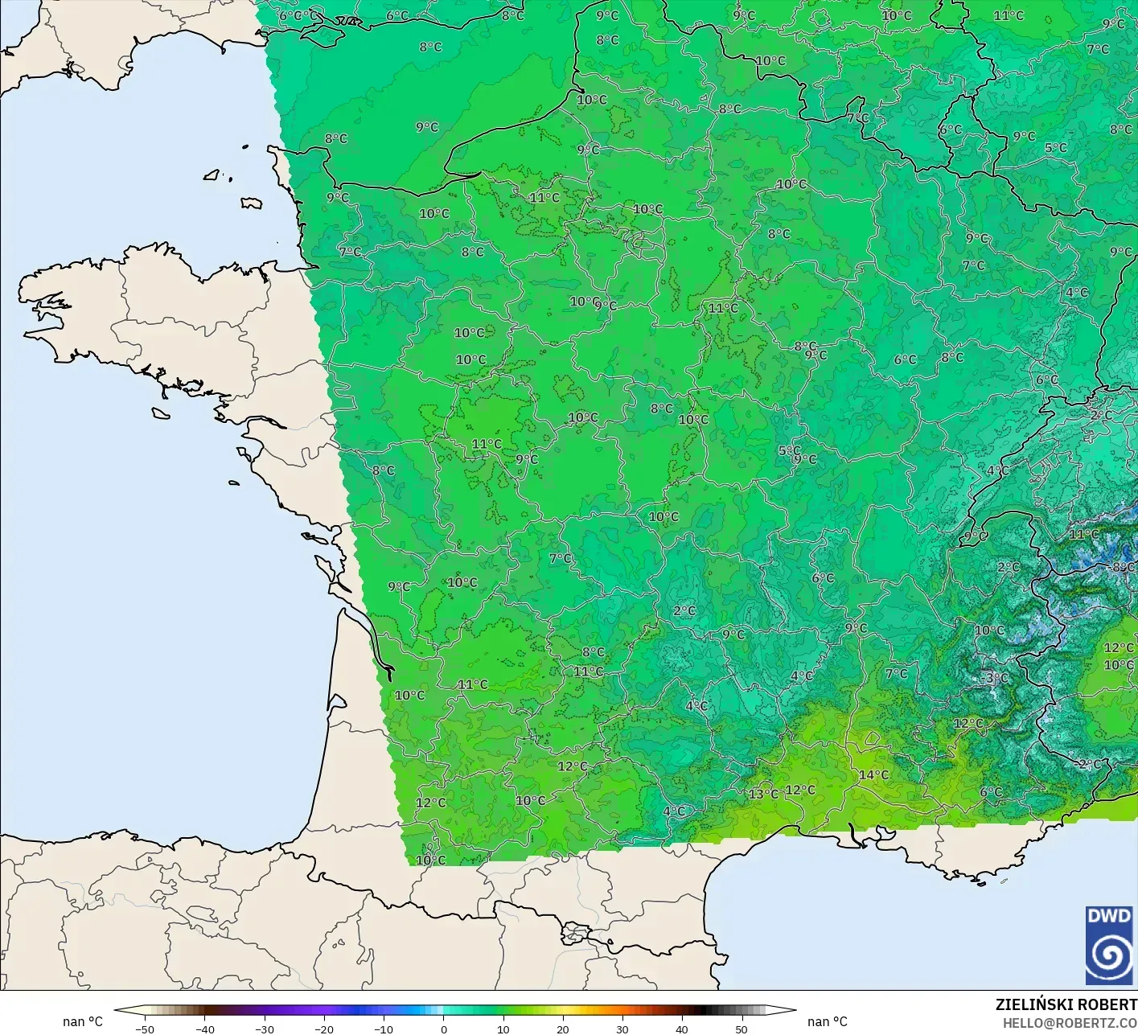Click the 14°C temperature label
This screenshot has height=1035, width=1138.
(873, 775)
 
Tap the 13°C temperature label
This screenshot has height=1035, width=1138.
(763, 794)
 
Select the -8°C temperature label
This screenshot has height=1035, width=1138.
(1123, 567)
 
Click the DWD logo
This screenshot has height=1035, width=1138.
(1109, 945)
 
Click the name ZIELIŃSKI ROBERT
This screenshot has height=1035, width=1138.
(1066, 1004)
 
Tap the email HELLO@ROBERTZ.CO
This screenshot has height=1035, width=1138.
(1070, 1023)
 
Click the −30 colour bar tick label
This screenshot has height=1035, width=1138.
(264, 1029)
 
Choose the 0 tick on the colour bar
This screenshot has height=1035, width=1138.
(444, 1029)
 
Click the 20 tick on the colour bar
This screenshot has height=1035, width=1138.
(563, 1029)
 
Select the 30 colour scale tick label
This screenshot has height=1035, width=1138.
(622, 1029)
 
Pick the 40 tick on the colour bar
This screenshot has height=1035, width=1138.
(682, 1029)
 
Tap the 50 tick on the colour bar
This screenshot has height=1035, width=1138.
(742, 1029)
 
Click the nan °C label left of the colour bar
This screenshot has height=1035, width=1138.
(83, 1021)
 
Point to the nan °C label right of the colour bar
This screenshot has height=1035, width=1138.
(828, 1021)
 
